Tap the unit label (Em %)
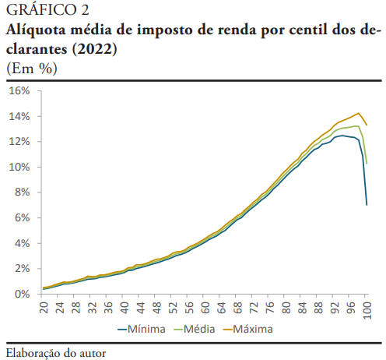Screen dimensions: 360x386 click(x=32, y=68)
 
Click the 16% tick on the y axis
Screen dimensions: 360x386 click(x=19, y=91)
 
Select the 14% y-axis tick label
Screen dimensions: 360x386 click(x=19, y=117)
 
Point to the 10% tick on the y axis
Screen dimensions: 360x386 click(x=19, y=168)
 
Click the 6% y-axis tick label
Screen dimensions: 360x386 click(x=21, y=218)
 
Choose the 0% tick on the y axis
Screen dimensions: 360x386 click(x=21, y=295)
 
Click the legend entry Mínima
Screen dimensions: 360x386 click(x=147, y=330)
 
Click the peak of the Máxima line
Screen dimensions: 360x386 click(x=359, y=113)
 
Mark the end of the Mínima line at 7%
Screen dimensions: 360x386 click(x=367, y=205)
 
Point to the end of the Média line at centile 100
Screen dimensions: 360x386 click(x=367, y=163)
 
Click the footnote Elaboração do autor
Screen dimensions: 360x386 click(x=55, y=352)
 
